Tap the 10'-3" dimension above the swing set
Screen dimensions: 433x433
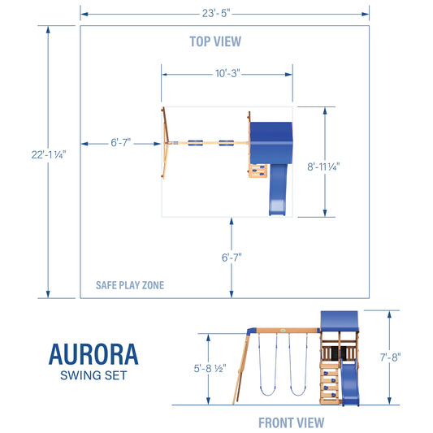click(x=226, y=74)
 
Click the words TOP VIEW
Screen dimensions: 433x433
click(x=215, y=41)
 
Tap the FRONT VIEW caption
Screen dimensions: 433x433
click(x=291, y=422)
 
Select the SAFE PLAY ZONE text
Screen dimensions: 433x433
click(x=130, y=285)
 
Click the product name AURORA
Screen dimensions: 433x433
click(x=93, y=354)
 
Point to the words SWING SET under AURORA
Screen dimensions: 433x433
click(x=93, y=375)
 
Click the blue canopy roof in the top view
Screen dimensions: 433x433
click(x=271, y=140)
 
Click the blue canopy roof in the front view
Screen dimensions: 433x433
click(x=340, y=319)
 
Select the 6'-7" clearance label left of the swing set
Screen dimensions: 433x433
click(x=121, y=143)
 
